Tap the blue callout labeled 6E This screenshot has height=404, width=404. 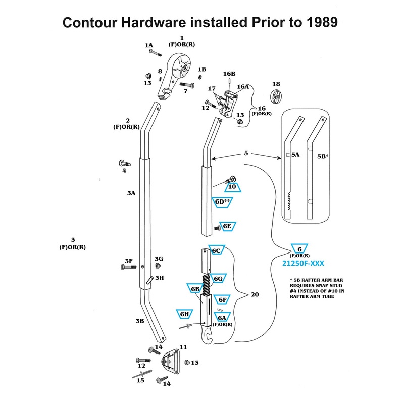[227, 226]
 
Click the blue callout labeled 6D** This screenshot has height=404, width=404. [223, 202]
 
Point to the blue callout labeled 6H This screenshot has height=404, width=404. [184, 314]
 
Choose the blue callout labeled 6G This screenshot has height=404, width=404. [218, 279]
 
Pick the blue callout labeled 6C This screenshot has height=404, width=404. [216, 250]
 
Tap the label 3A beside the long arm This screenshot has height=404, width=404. [131, 193]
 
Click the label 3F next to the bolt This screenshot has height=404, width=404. [128, 261]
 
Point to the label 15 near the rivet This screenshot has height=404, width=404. [140, 380]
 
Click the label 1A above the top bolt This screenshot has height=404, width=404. [149, 45]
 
